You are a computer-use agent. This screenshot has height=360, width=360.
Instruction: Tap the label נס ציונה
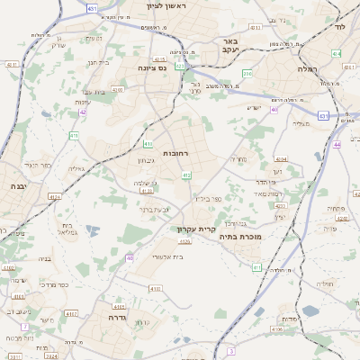[x=154, y=67]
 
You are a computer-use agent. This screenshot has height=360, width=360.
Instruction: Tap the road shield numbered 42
[x=83, y=112]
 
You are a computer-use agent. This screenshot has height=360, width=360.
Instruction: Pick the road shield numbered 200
[x=247, y=74]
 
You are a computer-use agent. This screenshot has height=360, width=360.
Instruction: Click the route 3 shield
[x=231, y=350]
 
